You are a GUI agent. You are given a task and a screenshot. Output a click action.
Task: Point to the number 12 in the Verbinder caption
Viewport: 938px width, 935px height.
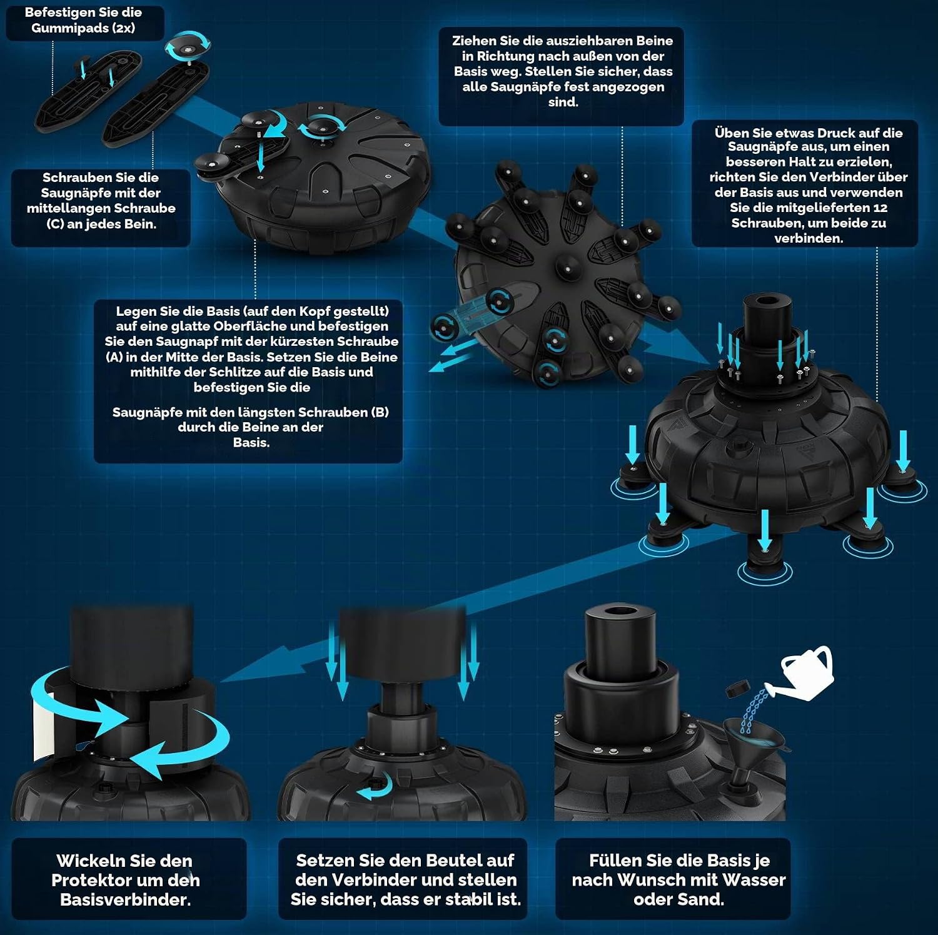[880, 208]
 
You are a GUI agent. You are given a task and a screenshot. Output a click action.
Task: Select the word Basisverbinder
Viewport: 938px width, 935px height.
[125, 899]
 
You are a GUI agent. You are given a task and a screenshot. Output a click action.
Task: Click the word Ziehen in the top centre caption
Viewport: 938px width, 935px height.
[473, 41]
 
